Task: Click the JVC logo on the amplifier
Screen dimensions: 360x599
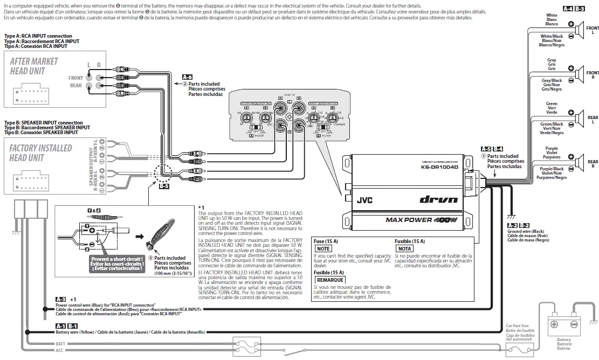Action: [364, 199]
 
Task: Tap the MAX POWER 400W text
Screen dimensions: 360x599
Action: [421, 219]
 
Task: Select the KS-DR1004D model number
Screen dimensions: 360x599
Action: [439, 167]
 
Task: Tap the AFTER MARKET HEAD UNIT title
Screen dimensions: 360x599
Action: [34, 66]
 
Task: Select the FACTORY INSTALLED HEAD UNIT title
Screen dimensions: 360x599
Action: [40, 153]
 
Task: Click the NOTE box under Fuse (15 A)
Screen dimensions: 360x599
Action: [323, 248]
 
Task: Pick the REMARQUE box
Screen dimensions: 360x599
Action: [329, 280]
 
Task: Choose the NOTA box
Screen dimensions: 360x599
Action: [404, 248]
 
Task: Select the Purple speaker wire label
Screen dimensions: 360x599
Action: [552, 148]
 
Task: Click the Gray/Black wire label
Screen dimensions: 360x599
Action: [552, 80]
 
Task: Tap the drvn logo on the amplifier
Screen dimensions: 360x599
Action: [439, 199]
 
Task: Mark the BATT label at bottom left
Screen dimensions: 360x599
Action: [60, 343]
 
